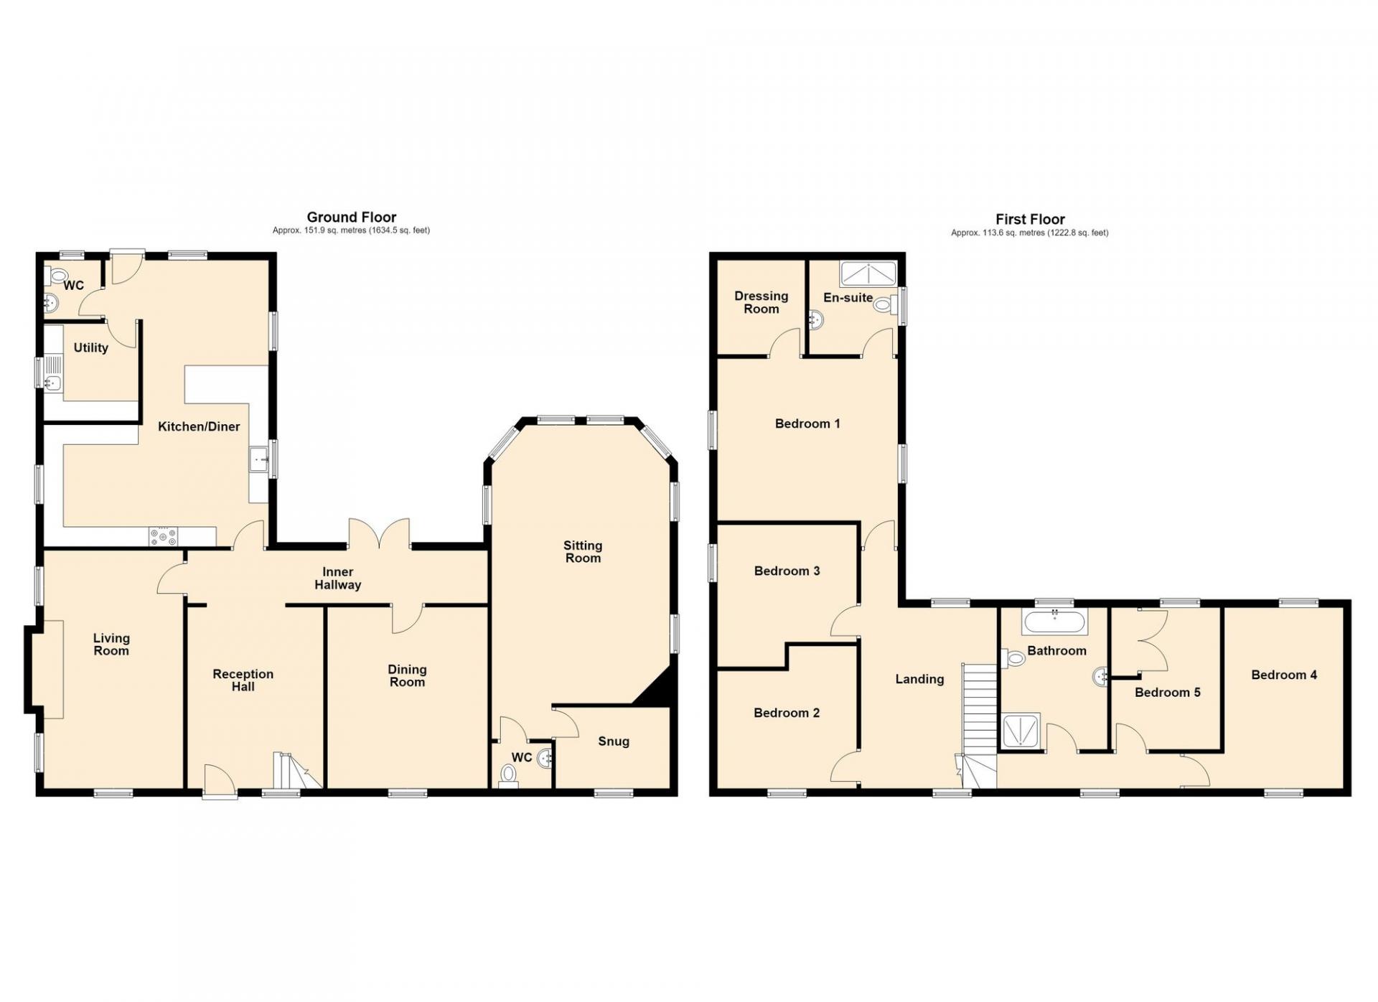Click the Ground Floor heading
pos(351,217)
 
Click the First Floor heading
pos(1030,219)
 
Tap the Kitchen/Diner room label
pos(199,426)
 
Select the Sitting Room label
pos(583,552)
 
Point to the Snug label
pos(614,741)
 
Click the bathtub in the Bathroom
pos(1055,622)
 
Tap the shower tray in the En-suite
pos(868,273)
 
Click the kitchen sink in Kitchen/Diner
pos(258,459)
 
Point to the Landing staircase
pos(980,726)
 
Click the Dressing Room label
pos(761,302)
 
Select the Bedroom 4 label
pos(1284,675)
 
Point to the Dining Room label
pos(407,675)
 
